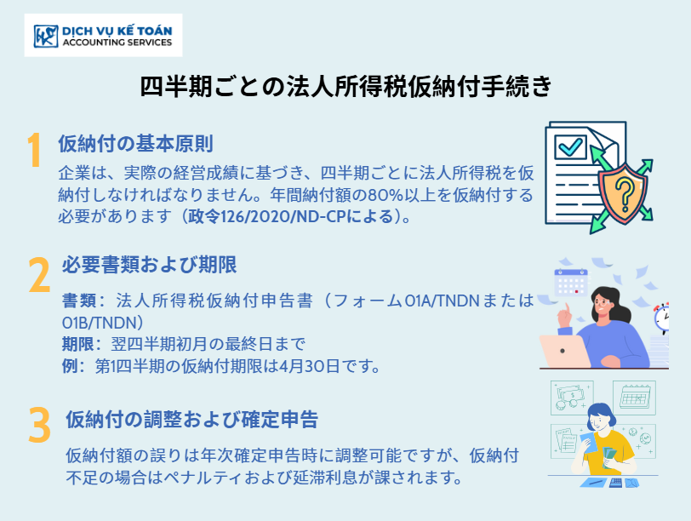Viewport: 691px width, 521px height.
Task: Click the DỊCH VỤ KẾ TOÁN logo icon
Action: (x=46, y=36)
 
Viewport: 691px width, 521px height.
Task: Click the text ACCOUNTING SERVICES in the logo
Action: (x=117, y=43)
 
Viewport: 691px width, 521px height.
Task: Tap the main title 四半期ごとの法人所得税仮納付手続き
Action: (x=345, y=85)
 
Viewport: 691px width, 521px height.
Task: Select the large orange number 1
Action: (x=34, y=150)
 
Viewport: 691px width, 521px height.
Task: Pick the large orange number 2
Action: (x=39, y=275)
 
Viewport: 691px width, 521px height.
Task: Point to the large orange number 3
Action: (x=40, y=425)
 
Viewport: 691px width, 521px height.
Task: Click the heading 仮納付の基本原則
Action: (x=136, y=144)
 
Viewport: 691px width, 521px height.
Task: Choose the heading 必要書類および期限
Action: (x=150, y=265)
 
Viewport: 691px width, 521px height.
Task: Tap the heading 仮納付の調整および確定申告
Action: (x=192, y=419)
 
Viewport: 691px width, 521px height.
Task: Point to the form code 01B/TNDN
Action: (x=100, y=323)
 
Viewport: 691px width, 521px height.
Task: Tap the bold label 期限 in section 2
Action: (x=78, y=344)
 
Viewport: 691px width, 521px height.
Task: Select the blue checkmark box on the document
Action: (x=571, y=146)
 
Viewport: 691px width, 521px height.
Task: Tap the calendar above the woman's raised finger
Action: (x=571, y=283)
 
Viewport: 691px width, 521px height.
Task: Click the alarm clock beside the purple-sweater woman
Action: (x=662, y=317)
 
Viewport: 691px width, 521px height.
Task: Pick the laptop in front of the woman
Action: (x=564, y=352)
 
